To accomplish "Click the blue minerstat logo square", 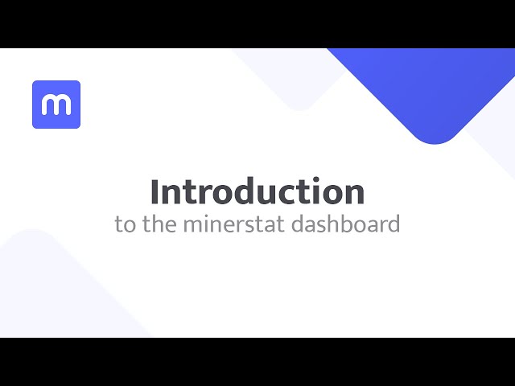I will click(56, 105).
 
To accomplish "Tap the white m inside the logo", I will click(56, 105).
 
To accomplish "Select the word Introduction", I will click(257, 191).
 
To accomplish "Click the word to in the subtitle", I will click(125, 224).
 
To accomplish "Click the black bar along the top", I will click(257, 23).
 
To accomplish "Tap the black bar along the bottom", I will click(257, 362).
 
